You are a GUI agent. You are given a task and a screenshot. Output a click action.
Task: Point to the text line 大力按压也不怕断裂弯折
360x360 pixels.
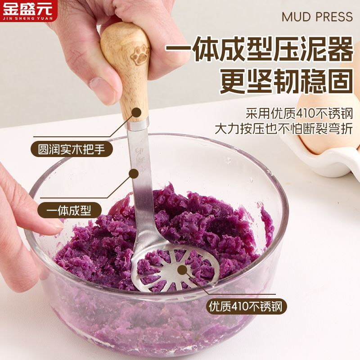(283, 128)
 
